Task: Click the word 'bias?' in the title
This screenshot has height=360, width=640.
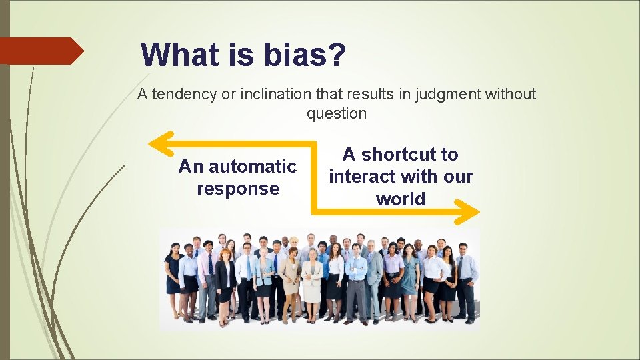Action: [x=305, y=55]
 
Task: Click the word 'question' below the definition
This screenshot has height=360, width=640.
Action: [x=337, y=114]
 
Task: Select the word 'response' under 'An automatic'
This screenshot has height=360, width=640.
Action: [x=238, y=189]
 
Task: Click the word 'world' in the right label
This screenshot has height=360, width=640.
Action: [x=400, y=199]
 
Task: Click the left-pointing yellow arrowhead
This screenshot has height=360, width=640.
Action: [x=159, y=143]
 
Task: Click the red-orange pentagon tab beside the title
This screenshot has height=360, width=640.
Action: [x=40, y=51]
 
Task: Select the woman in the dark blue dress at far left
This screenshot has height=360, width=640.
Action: [x=173, y=277]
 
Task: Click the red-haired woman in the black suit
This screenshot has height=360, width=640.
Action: [x=225, y=280]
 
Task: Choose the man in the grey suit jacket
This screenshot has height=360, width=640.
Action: [x=374, y=277]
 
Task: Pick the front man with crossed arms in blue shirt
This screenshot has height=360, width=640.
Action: [x=357, y=280]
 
